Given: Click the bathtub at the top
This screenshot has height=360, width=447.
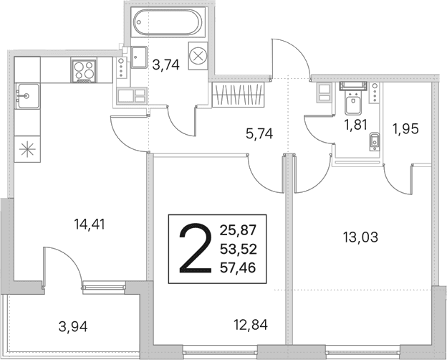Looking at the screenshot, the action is coord(168,22).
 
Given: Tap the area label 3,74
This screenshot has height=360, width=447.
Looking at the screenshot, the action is coord(166,65).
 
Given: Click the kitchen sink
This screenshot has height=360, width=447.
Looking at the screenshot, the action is coord(27,96).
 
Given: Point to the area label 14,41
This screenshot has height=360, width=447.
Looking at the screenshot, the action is coord(90,224).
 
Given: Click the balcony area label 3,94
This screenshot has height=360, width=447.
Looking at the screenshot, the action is coord(73,326).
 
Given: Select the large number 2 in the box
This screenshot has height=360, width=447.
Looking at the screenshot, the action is coord(196,248).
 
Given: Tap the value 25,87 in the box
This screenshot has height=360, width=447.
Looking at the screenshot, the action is coord(239,230).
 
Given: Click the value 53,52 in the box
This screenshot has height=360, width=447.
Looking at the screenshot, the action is coord(239,250).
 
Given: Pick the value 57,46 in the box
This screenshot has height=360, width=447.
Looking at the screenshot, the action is coord(238,267).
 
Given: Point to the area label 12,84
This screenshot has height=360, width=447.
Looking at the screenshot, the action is coord(251,325).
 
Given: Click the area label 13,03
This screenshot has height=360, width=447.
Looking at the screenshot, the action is coord(361,237).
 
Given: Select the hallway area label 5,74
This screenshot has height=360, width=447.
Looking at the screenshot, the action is coord(259,133).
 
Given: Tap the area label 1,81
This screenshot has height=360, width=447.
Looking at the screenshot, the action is coord(355,125).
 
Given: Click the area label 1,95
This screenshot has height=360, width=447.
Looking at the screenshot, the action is coord(405,129).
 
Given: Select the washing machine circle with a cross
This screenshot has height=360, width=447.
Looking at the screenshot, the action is coord(197,56).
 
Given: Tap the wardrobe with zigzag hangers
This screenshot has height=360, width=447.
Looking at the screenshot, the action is coord(239,95).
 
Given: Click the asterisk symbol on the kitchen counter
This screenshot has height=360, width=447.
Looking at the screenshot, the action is coord(27,149).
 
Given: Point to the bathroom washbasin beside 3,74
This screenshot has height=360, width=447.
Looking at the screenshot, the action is coord(139,57).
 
